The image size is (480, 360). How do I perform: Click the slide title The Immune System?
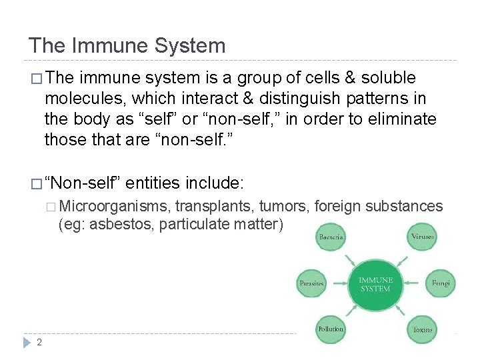click(127, 45)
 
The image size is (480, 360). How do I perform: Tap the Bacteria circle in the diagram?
click(331, 237)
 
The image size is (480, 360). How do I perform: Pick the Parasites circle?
click(311, 283)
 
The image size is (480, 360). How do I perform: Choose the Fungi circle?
click(441, 283)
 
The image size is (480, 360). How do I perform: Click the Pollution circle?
click(331, 329)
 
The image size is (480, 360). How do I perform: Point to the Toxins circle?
click(423, 329)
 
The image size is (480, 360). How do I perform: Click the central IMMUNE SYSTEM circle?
click(375, 285)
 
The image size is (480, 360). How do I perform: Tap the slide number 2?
click(39, 342)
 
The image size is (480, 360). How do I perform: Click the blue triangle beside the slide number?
click(27, 342)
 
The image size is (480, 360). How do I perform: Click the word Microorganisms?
click(117, 206)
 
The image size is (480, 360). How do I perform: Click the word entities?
click(155, 182)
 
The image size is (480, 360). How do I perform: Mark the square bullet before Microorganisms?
click(53, 207)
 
